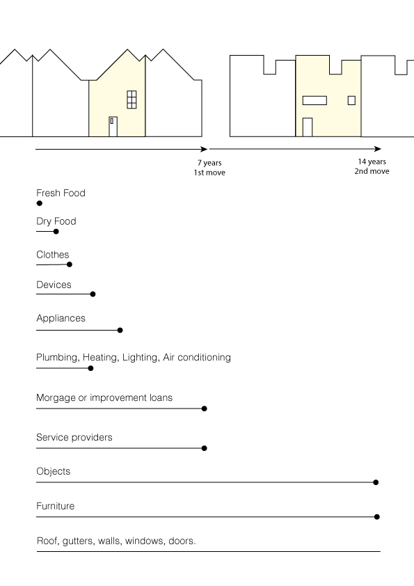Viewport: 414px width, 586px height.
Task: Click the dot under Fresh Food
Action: (39, 203)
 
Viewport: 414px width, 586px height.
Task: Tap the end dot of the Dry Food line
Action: (56, 231)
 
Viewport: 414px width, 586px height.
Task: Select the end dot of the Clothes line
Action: (70, 264)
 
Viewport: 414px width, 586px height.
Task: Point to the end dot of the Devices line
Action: (93, 294)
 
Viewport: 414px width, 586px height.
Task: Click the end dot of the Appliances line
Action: (120, 330)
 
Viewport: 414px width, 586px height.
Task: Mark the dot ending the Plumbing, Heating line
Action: (90, 368)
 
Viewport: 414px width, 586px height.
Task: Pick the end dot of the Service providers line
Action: (204, 448)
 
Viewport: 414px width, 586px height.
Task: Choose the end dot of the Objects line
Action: (376, 482)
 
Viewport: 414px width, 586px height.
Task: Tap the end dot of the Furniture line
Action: (377, 517)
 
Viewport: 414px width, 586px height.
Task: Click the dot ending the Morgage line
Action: (204, 409)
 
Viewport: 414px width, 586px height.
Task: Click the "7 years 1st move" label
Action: (209, 168)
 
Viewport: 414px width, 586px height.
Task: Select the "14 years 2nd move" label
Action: (372, 166)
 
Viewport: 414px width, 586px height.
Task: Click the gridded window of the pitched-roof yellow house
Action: (132, 100)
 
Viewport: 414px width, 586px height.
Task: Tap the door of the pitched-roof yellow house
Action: (113, 127)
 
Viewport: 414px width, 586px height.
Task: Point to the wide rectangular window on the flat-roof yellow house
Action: (315, 100)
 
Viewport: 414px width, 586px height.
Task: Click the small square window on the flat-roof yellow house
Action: (351, 100)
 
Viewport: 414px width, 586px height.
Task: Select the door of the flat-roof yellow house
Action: (307, 127)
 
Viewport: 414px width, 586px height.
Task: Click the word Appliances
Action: (61, 319)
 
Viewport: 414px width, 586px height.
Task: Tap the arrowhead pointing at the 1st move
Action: (204, 149)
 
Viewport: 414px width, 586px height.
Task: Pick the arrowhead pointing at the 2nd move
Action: (378, 149)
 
